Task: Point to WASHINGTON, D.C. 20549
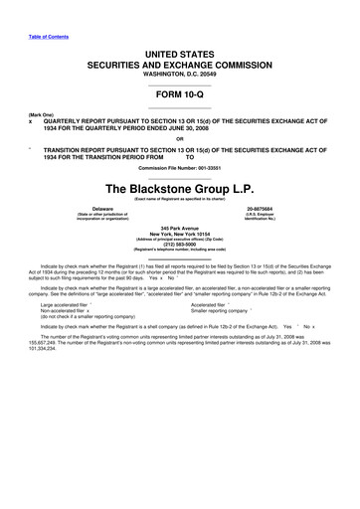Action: click(x=180, y=75)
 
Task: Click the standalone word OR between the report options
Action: click(x=179, y=137)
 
